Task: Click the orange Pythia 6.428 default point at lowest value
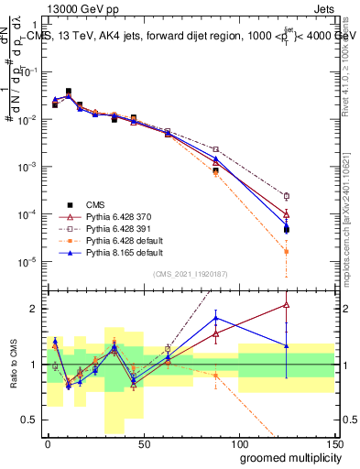(x=287, y=251)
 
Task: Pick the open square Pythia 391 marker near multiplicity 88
(x=215, y=149)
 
